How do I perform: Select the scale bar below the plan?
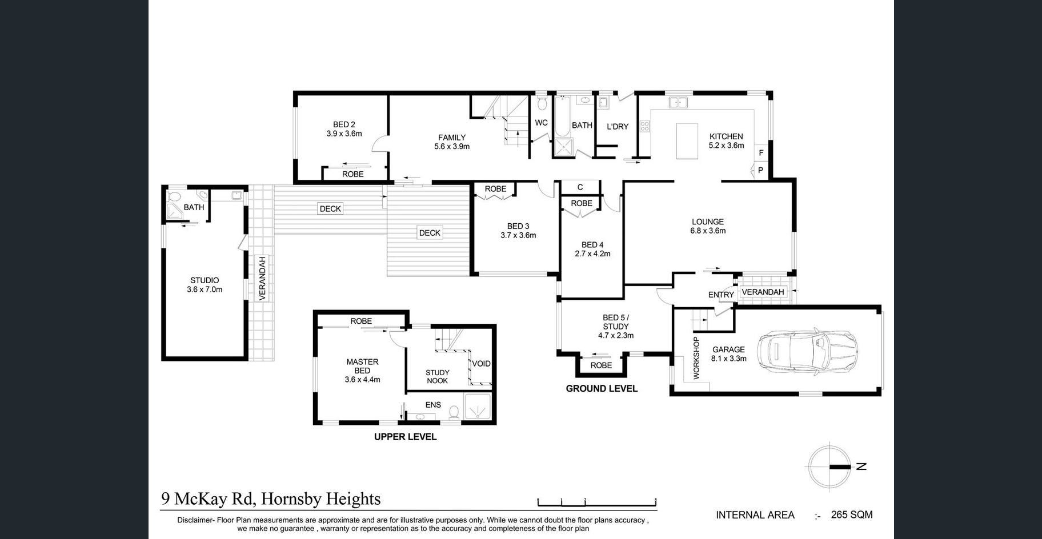[x=597, y=502]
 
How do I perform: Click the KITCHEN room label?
[x=726, y=136]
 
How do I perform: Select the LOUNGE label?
[x=708, y=222]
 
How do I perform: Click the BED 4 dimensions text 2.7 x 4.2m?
[x=592, y=254]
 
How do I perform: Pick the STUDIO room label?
[x=205, y=280]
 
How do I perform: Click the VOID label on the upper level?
[x=481, y=364]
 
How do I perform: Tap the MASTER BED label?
[x=362, y=366]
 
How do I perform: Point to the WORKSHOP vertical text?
[x=696, y=358]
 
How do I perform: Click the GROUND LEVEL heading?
[x=602, y=389]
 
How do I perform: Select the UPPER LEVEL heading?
[x=405, y=437]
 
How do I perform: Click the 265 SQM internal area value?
[x=852, y=514]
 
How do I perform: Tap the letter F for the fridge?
[x=761, y=153]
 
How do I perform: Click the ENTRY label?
[x=721, y=295]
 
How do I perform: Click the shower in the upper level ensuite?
[x=477, y=408]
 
